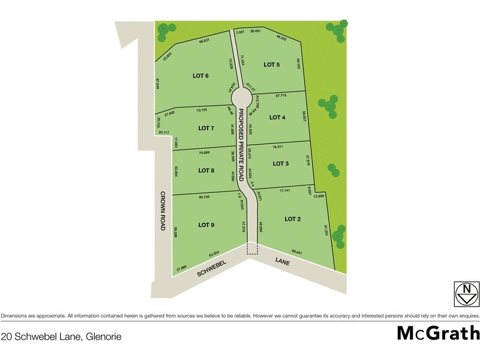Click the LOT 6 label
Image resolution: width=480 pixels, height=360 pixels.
coord(200,76)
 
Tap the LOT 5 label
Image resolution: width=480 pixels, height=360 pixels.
coord(272,65)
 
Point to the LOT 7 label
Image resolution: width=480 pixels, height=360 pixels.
coord(206,128)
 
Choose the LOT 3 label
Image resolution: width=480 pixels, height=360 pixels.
coord(281,163)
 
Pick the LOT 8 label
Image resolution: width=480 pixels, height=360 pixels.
coord(206,170)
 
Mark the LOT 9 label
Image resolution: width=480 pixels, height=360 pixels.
coord(206,225)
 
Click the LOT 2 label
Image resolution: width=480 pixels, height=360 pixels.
coord(292,219)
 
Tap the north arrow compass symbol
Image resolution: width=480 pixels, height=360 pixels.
coord(466,293)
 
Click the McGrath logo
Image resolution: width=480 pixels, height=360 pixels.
coord(437,332)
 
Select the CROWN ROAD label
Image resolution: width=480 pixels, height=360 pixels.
coord(163,212)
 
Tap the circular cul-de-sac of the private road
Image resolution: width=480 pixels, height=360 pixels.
coord(241,97)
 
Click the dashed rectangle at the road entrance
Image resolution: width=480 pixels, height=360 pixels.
coord(252,248)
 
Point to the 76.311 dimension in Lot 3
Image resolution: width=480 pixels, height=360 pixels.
coord(278,147)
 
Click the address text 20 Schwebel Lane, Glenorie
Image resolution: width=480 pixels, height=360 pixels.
coord(61,337)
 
